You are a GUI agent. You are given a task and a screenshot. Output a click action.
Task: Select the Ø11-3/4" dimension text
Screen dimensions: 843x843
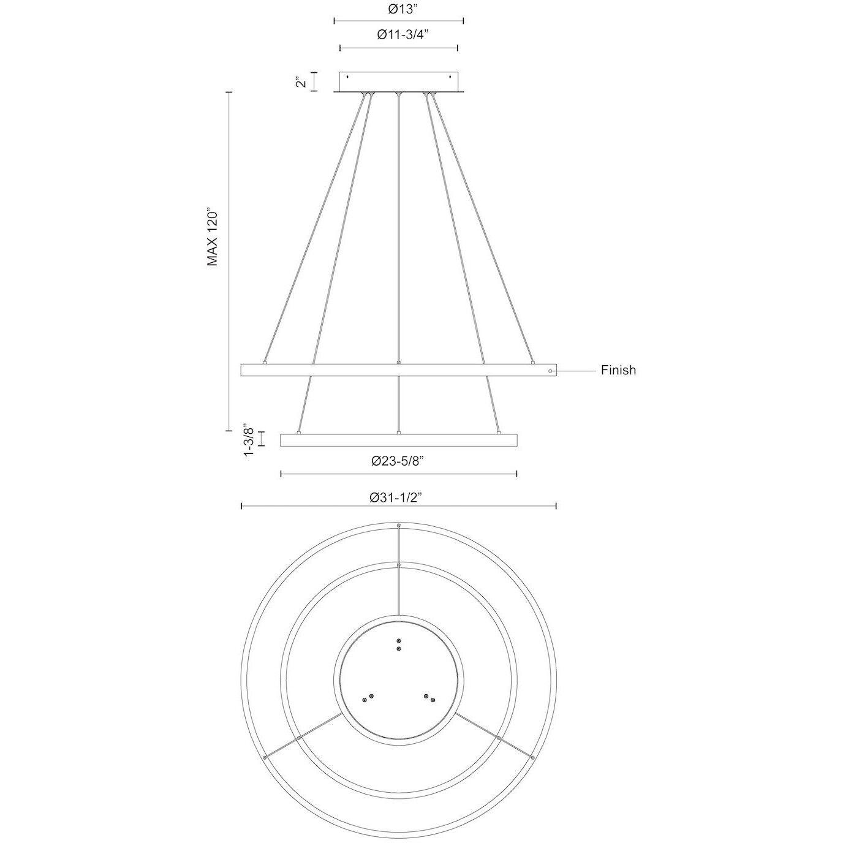399,35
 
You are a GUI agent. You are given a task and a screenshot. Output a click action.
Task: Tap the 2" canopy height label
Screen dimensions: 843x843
299,81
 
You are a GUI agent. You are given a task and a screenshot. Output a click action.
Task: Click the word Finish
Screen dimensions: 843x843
618,370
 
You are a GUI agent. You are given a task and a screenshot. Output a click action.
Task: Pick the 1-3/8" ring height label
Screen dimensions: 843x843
248,439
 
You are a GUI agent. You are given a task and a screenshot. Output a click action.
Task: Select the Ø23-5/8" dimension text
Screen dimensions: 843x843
399,462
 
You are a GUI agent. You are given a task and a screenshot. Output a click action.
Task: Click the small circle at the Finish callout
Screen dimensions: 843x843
551,371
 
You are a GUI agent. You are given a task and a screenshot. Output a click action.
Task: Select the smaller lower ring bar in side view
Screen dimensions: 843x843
399,440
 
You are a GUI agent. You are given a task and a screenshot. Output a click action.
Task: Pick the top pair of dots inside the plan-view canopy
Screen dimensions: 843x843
399,644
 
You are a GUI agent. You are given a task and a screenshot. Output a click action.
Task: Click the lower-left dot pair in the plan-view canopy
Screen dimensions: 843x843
368,698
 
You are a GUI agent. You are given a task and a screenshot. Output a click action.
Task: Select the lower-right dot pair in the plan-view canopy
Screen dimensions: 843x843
429,698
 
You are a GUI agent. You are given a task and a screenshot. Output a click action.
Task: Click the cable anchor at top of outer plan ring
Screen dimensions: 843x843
399,526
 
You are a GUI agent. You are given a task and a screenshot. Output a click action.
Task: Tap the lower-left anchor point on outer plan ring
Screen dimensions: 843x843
265,758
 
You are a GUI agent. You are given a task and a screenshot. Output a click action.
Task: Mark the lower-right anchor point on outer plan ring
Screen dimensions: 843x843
532,758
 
